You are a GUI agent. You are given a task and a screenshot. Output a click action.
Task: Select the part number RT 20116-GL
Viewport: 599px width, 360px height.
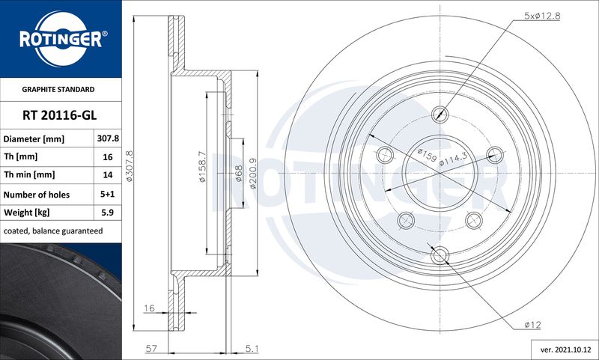(x=60, y=115)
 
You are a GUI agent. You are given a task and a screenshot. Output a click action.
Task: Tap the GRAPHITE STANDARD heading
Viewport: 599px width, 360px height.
(x=58, y=89)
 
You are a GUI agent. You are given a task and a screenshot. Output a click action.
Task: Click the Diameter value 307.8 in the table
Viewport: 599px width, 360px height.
(x=108, y=138)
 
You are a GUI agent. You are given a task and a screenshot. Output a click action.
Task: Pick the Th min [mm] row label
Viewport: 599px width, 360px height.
(x=29, y=175)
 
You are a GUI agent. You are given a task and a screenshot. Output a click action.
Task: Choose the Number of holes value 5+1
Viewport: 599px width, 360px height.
(x=107, y=194)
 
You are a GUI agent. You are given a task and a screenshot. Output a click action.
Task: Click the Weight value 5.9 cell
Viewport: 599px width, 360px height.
(x=108, y=213)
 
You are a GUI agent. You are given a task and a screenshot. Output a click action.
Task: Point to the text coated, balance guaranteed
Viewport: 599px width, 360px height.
(x=53, y=231)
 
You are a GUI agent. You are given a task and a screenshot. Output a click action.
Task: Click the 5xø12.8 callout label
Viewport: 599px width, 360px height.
(x=541, y=16)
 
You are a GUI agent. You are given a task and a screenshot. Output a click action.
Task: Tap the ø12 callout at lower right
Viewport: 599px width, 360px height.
(x=532, y=325)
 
